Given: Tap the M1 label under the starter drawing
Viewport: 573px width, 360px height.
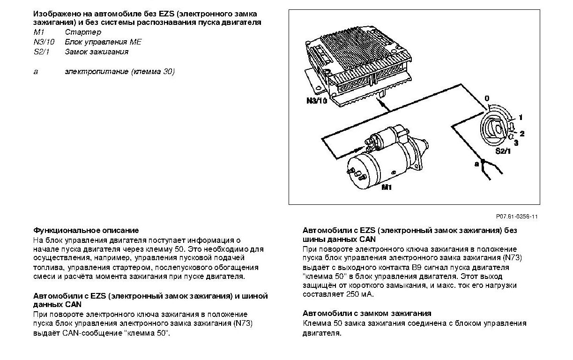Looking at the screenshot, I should [x=387, y=187].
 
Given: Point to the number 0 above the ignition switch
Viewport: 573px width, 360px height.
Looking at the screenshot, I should [x=487, y=98].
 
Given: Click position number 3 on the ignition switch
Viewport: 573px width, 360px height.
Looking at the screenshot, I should [x=516, y=142].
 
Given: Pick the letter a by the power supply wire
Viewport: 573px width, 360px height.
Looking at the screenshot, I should [x=476, y=164].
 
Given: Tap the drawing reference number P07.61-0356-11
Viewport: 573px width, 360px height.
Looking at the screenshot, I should [x=517, y=217].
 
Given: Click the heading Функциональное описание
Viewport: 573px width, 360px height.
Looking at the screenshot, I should [x=86, y=230].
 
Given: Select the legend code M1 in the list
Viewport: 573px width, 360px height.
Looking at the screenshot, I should [x=38, y=32].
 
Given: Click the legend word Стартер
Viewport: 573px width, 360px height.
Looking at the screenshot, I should [x=83, y=32].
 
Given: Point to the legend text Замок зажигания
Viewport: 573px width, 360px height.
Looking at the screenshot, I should [x=97, y=52].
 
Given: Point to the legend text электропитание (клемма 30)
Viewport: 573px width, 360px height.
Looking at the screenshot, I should [x=119, y=72].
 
